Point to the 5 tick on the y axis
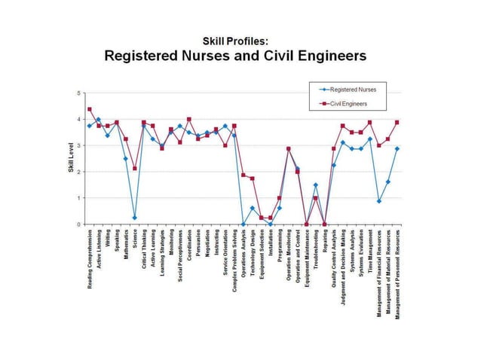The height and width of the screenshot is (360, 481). pyautogui.click(x=78, y=93)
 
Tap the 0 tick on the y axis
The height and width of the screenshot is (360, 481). pyautogui.click(x=78, y=224)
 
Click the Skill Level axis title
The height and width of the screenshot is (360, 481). pyautogui.click(x=69, y=159)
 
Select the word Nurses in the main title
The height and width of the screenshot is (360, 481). pyautogui.click(x=221, y=56)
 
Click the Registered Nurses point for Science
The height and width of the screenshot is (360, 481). pyautogui.click(x=135, y=218)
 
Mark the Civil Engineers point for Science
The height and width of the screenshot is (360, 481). pyautogui.click(x=135, y=169)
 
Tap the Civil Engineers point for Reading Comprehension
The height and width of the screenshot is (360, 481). pyautogui.click(x=89, y=109)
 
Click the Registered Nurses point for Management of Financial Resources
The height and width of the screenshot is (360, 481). pyautogui.click(x=379, y=201)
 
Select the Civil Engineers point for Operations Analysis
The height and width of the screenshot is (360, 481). pyautogui.click(x=244, y=175)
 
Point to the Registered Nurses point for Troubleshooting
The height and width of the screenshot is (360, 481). pyautogui.click(x=316, y=185)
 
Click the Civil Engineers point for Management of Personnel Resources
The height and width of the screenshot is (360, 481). pyautogui.click(x=397, y=122)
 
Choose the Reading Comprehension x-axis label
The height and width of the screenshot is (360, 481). pyautogui.click(x=90, y=263)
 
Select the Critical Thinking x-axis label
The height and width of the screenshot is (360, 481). pyautogui.click(x=144, y=252)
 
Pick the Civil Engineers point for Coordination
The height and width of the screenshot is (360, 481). pyautogui.click(x=189, y=119)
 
